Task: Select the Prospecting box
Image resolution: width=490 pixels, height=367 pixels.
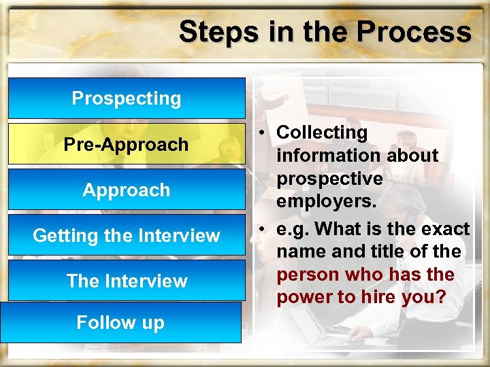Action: (x=127, y=99)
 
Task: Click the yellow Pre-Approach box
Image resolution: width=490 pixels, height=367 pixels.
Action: (x=127, y=144)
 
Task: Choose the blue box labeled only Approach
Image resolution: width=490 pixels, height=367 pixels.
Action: (x=127, y=190)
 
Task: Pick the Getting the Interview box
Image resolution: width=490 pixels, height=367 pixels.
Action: (x=127, y=236)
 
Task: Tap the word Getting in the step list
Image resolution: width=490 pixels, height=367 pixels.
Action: (x=63, y=236)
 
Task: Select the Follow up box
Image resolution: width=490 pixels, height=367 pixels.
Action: (x=120, y=322)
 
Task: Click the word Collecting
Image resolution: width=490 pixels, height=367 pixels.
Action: (x=322, y=133)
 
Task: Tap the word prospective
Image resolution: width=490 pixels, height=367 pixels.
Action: (x=329, y=179)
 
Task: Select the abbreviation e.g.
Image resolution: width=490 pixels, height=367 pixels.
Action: (x=293, y=229)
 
